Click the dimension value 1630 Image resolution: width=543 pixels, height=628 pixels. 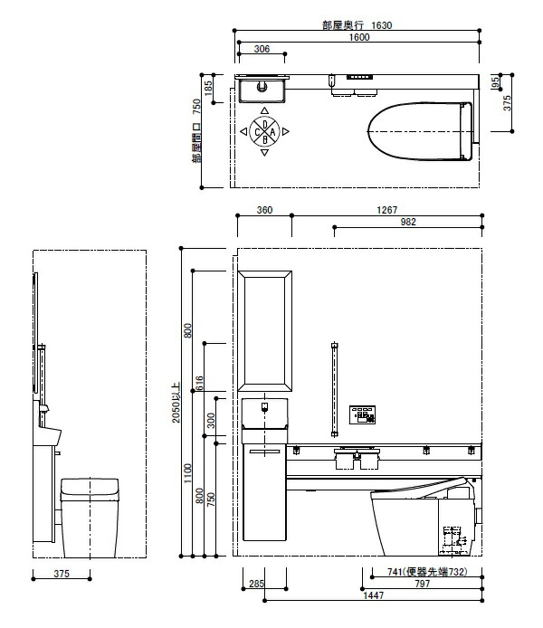click(x=381, y=25)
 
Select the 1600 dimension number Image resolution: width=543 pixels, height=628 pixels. click(x=359, y=37)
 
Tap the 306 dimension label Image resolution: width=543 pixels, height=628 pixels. click(x=262, y=49)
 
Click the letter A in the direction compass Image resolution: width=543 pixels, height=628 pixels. click(x=272, y=132)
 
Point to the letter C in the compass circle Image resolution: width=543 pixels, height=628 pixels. click(x=257, y=132)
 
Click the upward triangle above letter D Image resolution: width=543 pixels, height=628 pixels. click(x=264, y=110)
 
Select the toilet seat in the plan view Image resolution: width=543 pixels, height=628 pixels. click(x=420, y=131)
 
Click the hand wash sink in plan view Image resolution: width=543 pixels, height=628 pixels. click(x=262, y=90)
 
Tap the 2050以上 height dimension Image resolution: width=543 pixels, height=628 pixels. click(x=176, y=403)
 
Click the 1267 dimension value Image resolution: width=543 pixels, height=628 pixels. click(x=386, y=210)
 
